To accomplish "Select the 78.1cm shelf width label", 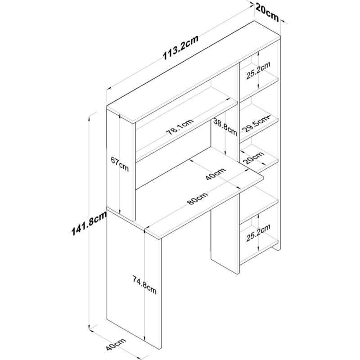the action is tap(180, 127).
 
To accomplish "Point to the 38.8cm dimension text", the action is tap(225, 126).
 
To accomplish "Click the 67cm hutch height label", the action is tap(120, 164).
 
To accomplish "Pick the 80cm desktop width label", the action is tap(198, 198).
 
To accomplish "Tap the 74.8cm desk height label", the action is tap(144, 285).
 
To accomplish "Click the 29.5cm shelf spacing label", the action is tap(255, 124).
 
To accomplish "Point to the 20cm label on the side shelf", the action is tap(254, 157).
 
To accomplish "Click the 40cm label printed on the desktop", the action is tap(216, 174).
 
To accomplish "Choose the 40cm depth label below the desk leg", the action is tap(116, 347).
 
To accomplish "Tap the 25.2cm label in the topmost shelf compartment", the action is tap(258, 71).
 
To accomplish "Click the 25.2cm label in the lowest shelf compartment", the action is tap(258, 233).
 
